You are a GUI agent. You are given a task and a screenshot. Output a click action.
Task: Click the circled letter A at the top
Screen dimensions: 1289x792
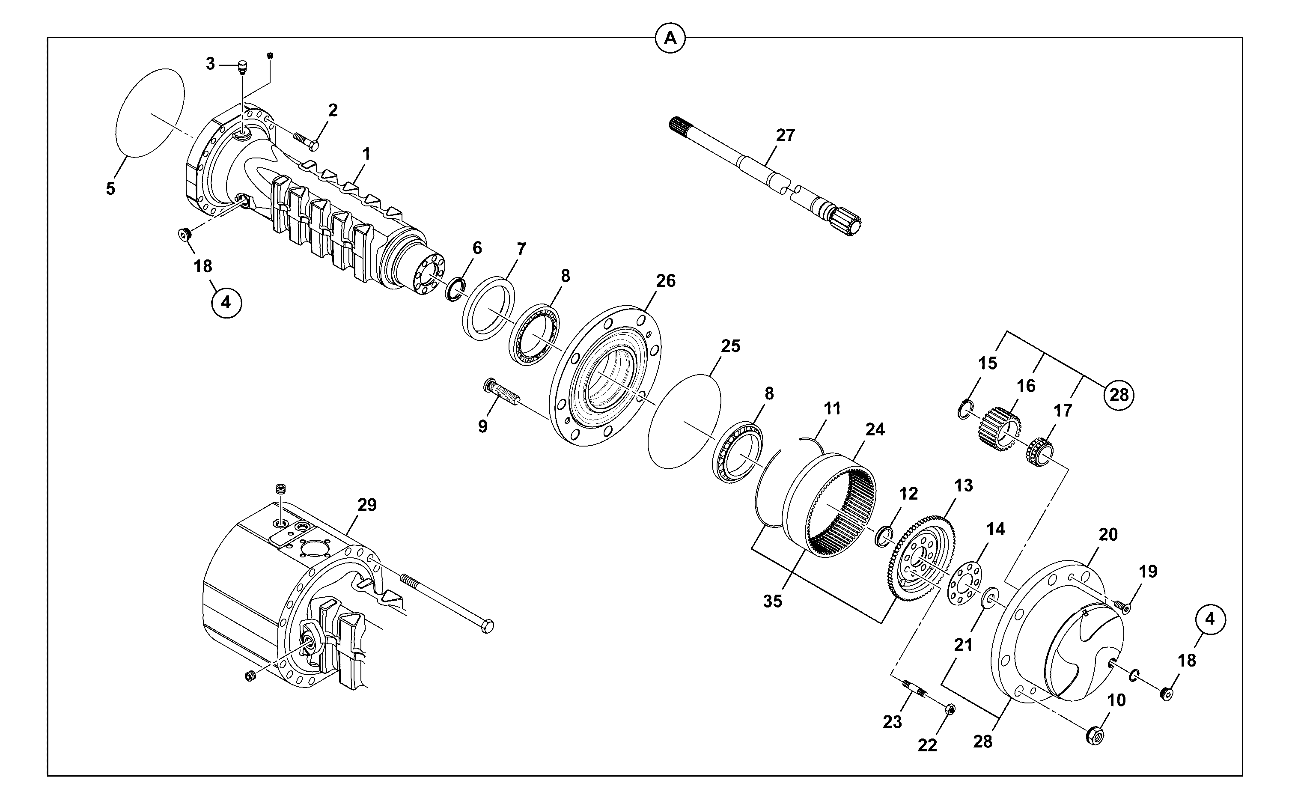tap(670, 38)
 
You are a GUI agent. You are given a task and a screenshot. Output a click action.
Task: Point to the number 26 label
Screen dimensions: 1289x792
tap(666, 281)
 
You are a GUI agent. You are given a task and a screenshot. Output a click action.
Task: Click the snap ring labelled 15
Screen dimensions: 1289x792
tap(965, 408)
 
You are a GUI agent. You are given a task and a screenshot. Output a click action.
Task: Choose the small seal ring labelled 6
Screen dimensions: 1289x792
tap(455, 290)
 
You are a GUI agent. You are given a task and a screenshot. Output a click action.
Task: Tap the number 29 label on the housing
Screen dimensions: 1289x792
tap(366, 505)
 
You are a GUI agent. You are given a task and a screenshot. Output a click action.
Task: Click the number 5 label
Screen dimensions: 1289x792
tap(110, 188)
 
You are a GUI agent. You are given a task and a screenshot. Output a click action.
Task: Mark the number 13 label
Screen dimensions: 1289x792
tap(963, 485)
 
